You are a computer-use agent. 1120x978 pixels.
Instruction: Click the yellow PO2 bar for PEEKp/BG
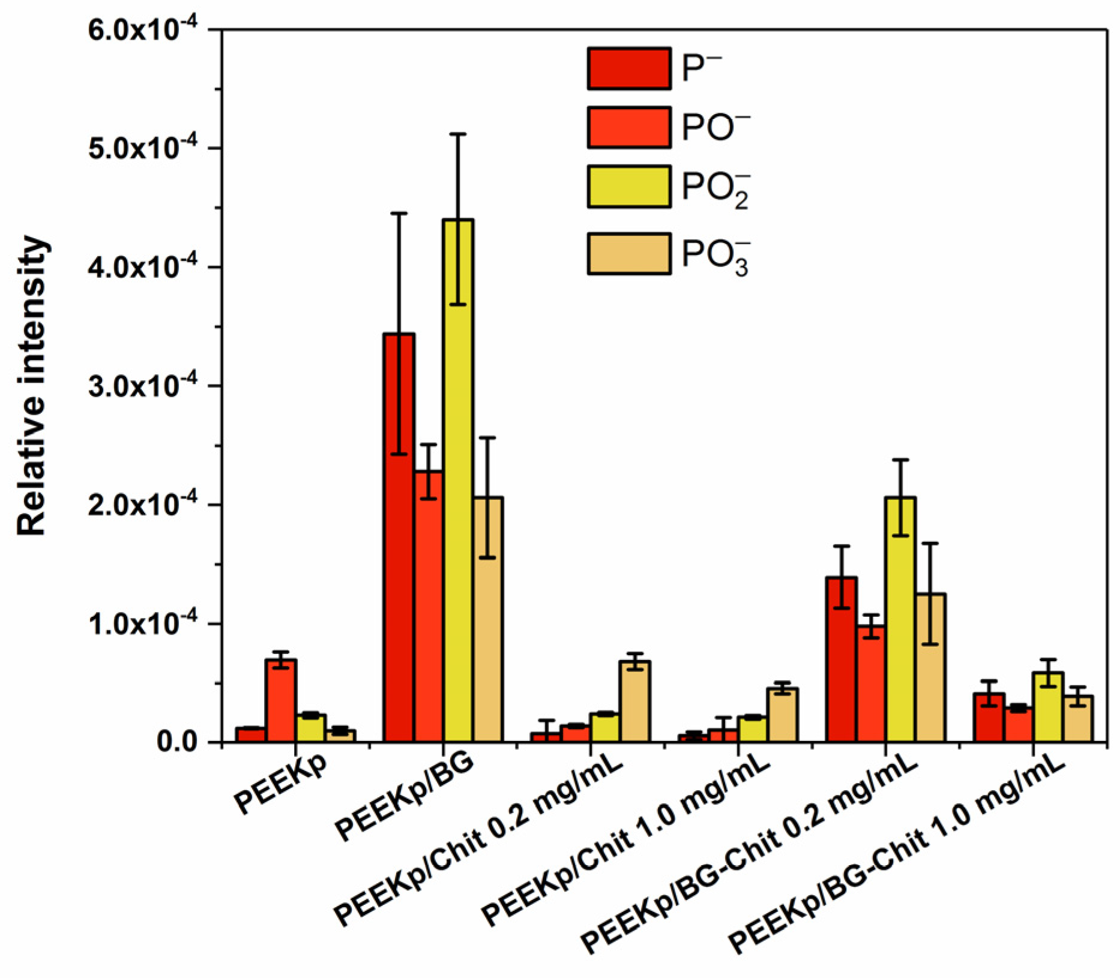point(458,480)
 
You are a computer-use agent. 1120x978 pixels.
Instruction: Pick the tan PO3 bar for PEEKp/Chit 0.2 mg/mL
point(635,701)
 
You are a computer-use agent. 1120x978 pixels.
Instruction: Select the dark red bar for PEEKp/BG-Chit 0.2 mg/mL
point(842,659)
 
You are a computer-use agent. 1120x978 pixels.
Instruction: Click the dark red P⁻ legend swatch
point(628,69)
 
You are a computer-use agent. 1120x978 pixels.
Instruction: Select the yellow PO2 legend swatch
point(628,187)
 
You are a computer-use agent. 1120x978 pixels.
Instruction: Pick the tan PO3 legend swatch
point(628,253)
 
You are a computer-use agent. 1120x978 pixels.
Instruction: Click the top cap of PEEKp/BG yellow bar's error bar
point(458,134)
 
